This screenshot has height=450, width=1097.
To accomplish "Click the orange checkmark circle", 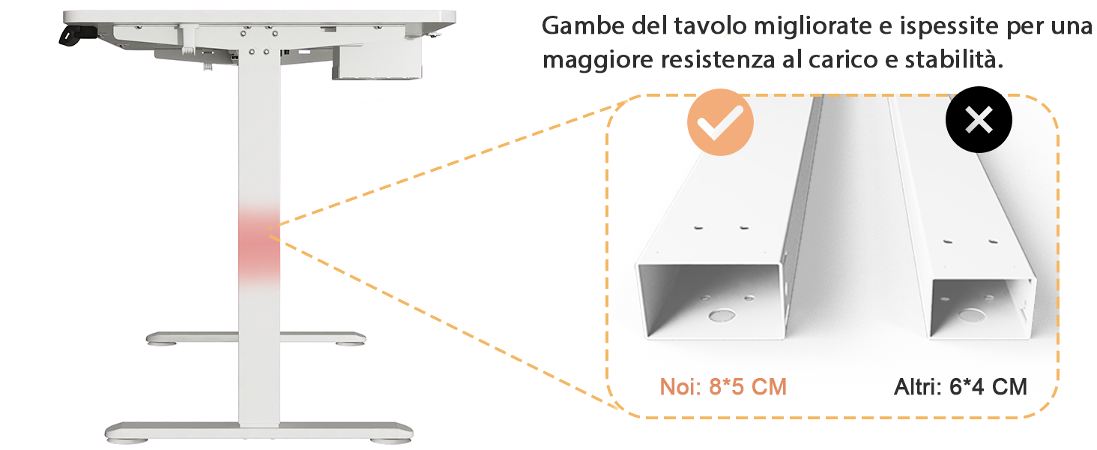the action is (720, 122).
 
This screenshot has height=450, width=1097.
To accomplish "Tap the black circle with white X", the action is (979, 119).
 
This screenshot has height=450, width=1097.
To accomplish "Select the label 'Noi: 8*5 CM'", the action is (723, 387).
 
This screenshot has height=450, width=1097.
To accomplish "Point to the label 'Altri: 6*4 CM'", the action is (961, 387).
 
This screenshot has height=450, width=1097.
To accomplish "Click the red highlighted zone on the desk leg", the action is (259, 245).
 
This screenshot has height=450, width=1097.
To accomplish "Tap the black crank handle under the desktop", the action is (77, 35).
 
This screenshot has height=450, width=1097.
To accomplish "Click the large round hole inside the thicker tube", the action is (722, 315).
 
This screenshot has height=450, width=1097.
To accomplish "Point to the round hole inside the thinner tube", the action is (972, 315).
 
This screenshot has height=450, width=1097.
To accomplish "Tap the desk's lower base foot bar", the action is (259, 431).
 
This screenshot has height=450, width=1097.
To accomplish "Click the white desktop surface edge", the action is (259, 16).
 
